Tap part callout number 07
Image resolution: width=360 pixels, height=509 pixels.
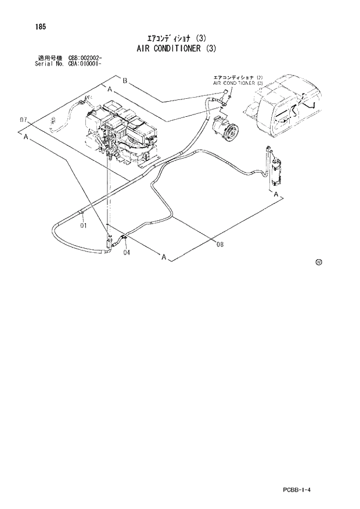pyautogui.click(x=24, y=120)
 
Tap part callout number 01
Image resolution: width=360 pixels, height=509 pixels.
pyautogui.click(x=84, y=225)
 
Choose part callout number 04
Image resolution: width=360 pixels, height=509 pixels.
pyautogui.click(x=126, y=252)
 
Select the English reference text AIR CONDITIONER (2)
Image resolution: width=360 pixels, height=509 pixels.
pyautogui.click(x=238, y=83)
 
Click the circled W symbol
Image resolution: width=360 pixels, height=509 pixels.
pyautogui.click(x=319, y=262)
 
